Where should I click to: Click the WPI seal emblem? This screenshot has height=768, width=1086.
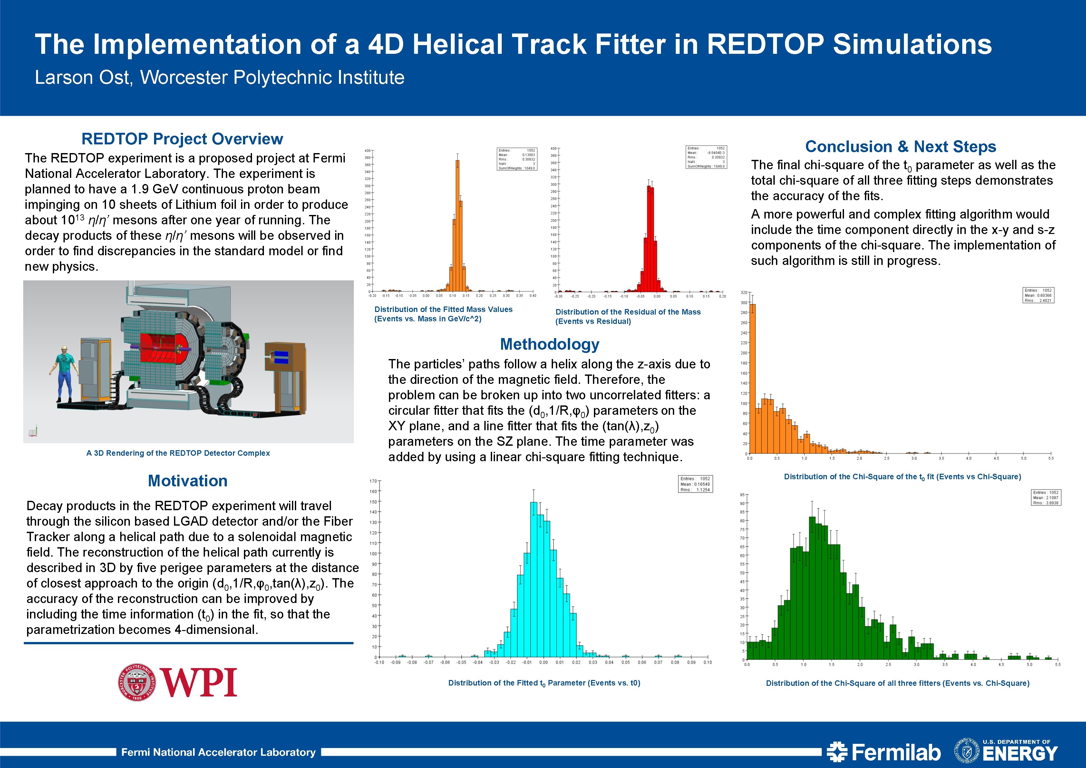click(x=138, y=682)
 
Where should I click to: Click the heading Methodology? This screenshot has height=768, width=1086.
click(x=550, y=344)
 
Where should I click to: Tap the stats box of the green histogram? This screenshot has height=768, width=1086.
click(x=1046, y=498)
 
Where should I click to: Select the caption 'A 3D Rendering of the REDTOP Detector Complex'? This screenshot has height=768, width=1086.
click(x=178, y=453)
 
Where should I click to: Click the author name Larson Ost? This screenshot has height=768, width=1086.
click(x=83, y=77)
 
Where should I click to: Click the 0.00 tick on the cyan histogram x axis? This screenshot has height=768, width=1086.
click(x=543, y=662)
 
